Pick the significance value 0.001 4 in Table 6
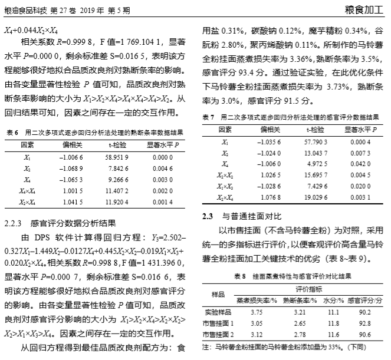[160, 202]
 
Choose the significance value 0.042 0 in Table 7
[359, 164]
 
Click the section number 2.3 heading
[208, 217]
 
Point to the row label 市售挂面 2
[218, 334]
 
